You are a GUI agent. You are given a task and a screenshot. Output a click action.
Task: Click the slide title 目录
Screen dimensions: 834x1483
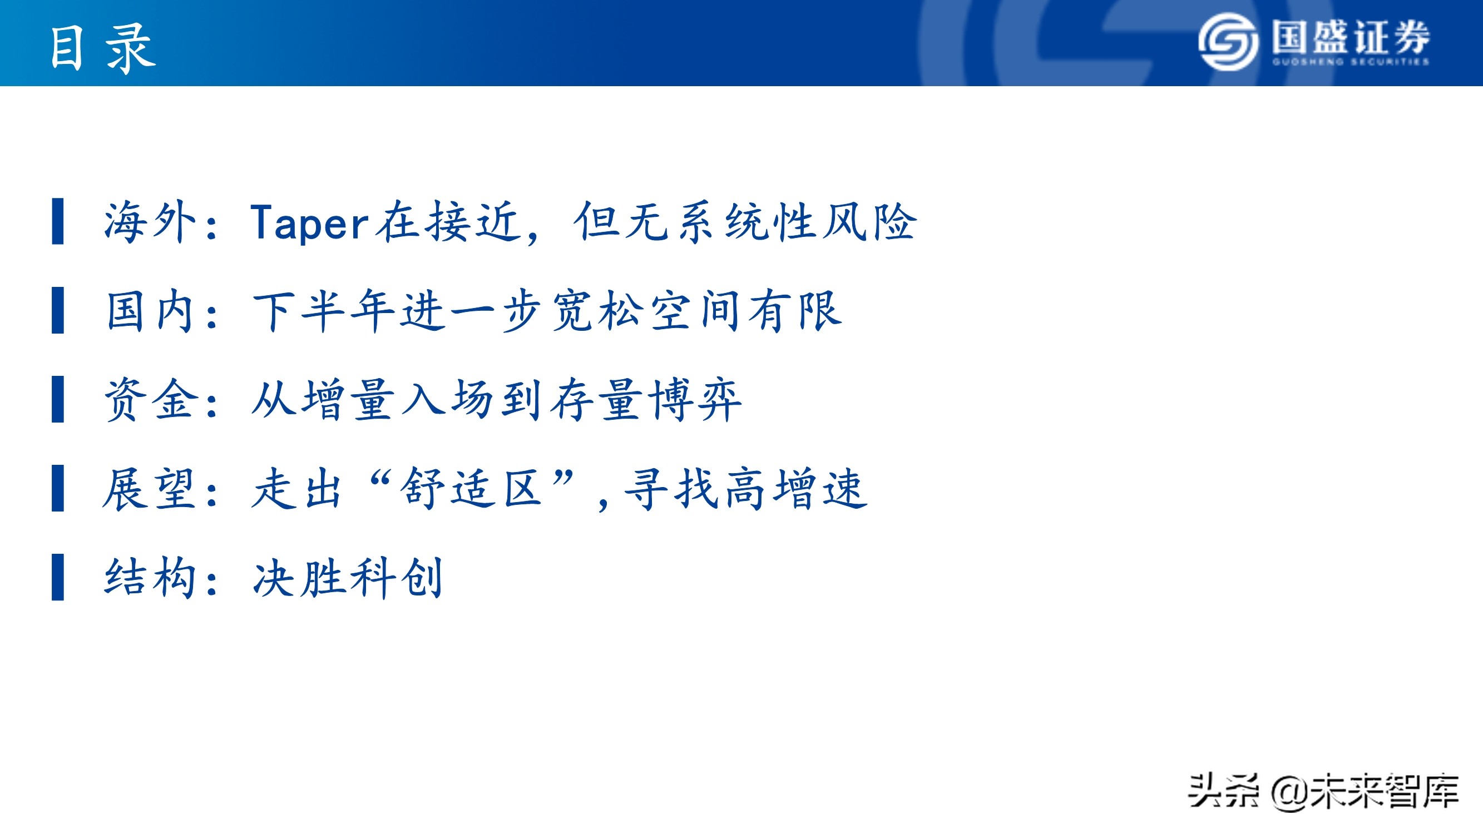pos(102,48)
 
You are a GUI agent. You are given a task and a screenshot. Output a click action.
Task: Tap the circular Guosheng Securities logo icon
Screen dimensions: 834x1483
pos(1228,42)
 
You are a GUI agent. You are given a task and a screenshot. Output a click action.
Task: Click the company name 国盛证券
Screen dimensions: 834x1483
pos(1351,37)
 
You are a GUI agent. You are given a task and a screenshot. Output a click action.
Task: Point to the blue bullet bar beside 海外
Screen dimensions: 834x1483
pos(57,222)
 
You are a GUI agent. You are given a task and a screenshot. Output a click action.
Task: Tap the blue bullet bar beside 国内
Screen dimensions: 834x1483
pos(57,311)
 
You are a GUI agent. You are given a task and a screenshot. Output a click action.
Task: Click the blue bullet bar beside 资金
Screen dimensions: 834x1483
pos(57,399)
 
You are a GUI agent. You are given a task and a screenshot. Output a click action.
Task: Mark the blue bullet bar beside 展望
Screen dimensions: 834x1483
pos(57,489)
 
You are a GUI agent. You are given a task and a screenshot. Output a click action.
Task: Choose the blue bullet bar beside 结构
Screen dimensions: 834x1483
pos(57,577)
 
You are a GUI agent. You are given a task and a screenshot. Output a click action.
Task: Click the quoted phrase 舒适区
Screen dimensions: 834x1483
pos(472,489)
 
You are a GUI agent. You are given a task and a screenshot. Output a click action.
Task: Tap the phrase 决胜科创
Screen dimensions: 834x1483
pos(348,577)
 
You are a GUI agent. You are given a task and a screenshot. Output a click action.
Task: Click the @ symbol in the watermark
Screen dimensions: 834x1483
pos(1289,792)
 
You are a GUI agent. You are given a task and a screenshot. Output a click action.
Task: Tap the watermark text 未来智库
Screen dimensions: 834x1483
pos(1385,791)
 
